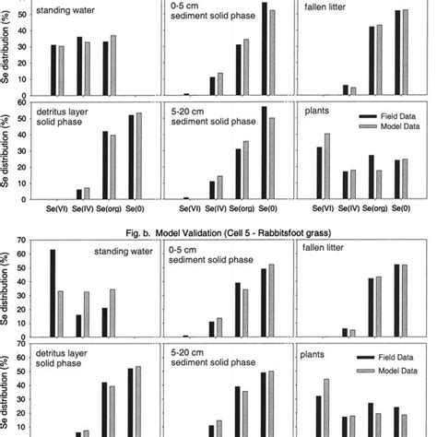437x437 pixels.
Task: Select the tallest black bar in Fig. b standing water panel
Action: click(53, 294)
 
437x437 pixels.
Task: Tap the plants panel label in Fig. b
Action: click(317, 355)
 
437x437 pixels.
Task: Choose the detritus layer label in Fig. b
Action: click(57, 355)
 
